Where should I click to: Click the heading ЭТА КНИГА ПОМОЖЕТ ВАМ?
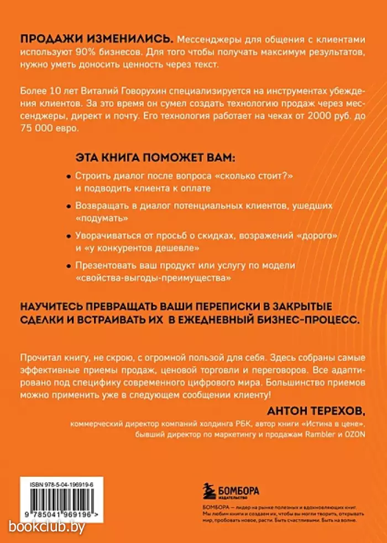[x=155, y=158]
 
